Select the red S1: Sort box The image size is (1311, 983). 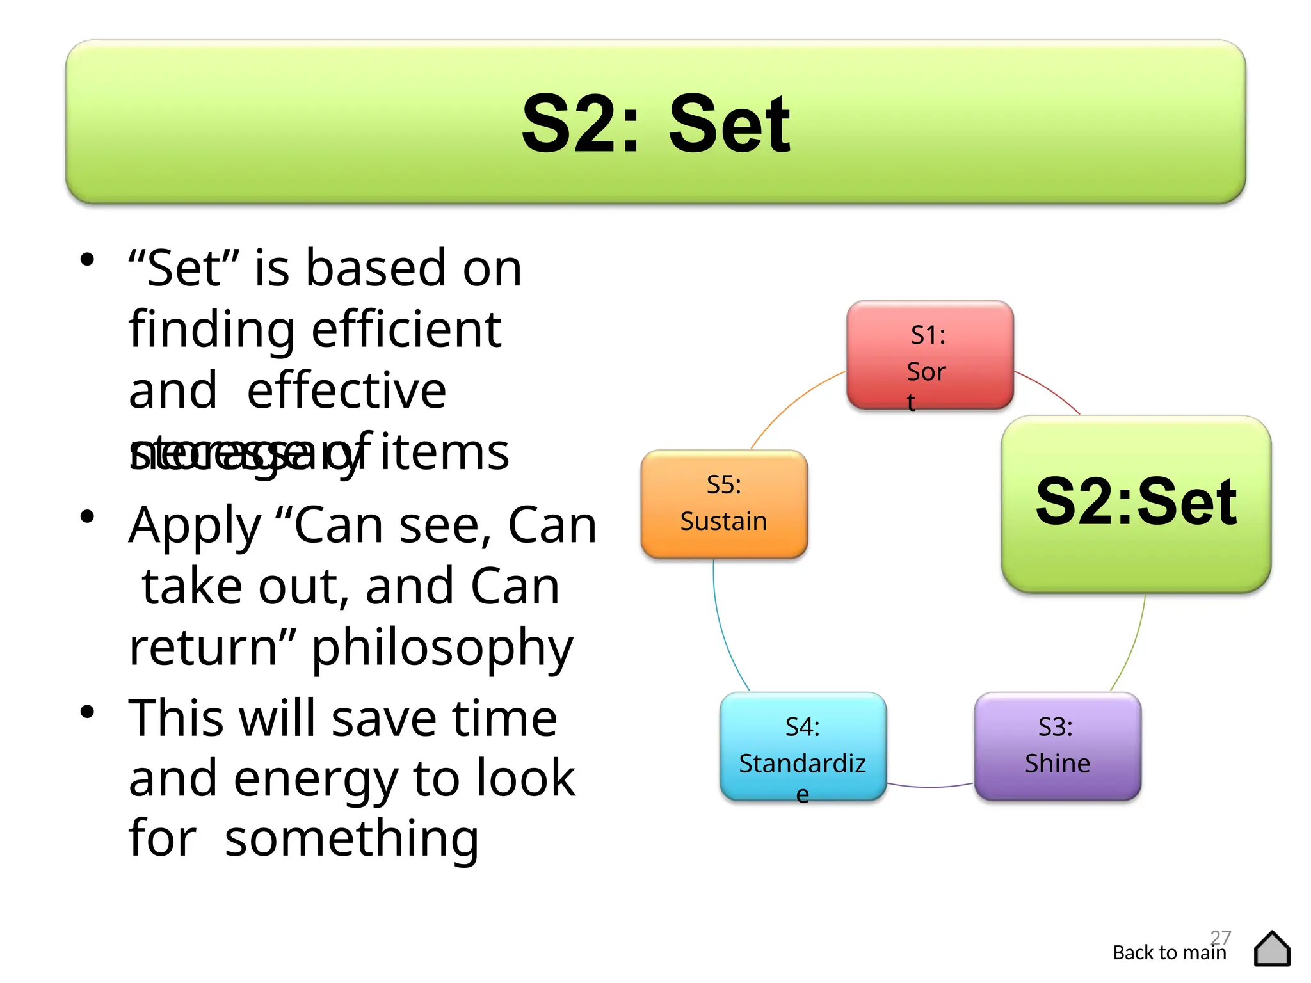(x=929, y=354)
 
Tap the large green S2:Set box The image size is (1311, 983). (x=1136, y=504)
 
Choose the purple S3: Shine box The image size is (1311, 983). (x=1057, y=746)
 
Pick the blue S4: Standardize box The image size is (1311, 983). (x=803, y=746)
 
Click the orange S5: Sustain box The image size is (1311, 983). (x=724, y=504)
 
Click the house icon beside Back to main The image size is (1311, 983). (x=1272, y=948)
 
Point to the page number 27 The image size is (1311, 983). (x=1221, y=937)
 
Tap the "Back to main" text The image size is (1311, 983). (x=1169, y=953)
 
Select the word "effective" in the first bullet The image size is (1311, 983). (x=346, y=390)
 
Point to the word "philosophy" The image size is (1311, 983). (x=442, y=648)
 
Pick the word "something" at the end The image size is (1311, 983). (x=351, y=839)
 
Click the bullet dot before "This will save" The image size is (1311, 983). (x=88, y=712)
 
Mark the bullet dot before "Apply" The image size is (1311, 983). (x=88, y=517)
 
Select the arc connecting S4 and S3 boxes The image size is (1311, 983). (x=930, y=787)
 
